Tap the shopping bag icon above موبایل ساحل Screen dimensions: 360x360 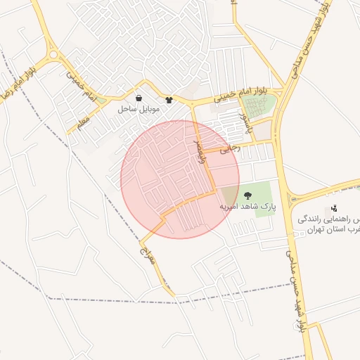click(x=139, y=98)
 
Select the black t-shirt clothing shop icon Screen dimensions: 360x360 click(x=169, y=100)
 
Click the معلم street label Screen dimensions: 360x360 click(x=84, y=124)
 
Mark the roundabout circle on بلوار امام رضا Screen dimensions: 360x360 click(x=53, y=54)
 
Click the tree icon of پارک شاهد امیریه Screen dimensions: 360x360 click(x=247, y=195)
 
